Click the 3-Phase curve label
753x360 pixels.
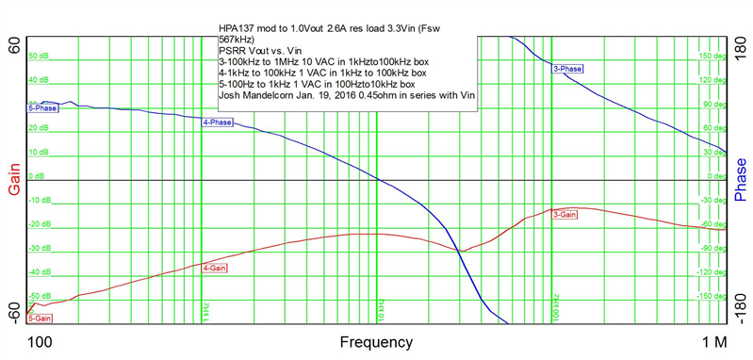[x=567, y=69]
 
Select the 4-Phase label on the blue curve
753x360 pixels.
[x=218, y=123]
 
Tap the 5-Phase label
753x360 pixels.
[x=42, y=108]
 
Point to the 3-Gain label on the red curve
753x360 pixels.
[x=565, y=215]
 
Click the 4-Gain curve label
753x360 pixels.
[x=216, y=269]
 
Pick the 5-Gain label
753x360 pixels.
[x=41, y=319]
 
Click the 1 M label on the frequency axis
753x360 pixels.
[x=713, y=340]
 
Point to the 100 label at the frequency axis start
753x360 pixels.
[x=40, y=340]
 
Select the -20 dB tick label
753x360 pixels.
[x=39, y=224]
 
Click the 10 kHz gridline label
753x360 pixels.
[x=382, y=307]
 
